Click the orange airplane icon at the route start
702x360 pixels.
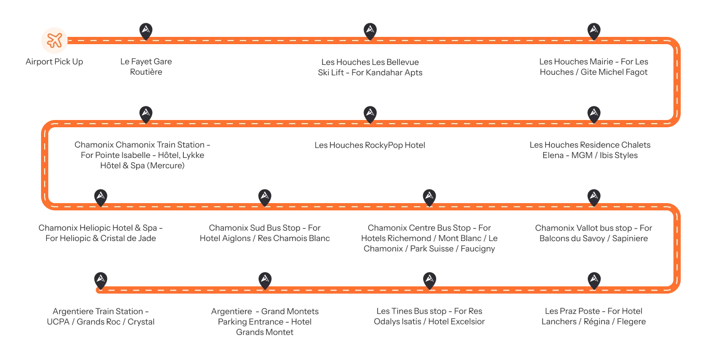pos(55,40)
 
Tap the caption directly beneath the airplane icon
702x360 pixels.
pos(54,62)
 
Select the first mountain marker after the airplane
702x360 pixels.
pos(146,31)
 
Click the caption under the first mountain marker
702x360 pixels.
pos(147,66)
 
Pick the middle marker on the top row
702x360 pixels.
pos(370,31)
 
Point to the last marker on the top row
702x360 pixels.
pos(594,31)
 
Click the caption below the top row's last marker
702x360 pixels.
pos(594,68)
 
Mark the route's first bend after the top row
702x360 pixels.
pos(674,82)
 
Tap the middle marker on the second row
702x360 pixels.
pos(370,113)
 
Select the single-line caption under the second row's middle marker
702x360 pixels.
pos(370,145)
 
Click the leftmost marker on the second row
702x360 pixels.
pos(146,113)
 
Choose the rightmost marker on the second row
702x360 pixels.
pos(594,113)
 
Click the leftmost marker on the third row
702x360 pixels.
pos(101,196)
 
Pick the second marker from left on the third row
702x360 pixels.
pos(265,196)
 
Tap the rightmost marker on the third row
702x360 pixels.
pos(594,196)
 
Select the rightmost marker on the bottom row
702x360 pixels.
pos(594,279)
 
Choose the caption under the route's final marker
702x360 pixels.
pos(101,317)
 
